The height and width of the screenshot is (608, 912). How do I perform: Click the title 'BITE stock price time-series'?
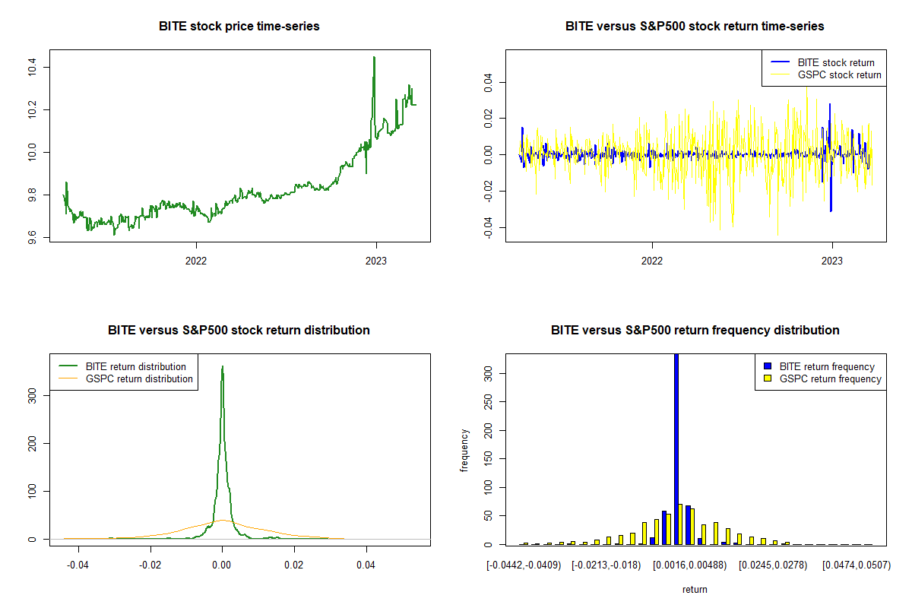239,26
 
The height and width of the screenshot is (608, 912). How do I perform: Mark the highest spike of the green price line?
374,58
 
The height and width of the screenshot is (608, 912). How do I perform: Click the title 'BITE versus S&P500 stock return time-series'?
695,26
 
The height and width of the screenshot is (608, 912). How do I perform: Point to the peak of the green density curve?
222,367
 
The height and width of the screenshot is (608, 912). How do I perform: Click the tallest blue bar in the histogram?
676,448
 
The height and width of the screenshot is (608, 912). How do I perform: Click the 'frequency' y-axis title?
464,450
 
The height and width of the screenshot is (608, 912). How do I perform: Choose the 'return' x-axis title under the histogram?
695,589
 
